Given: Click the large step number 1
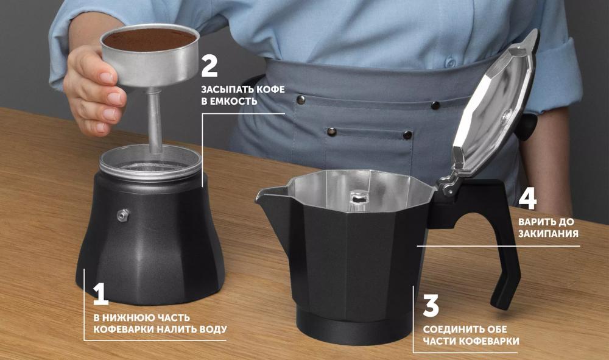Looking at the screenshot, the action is (100, 294).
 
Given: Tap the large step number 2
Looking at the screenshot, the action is (209, 66).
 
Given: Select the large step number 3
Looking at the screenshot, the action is (431, 305).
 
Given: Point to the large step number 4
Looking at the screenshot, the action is (528, 199).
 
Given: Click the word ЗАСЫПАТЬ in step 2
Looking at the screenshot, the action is (224, 90).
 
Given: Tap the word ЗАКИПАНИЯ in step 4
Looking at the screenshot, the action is (548, 234).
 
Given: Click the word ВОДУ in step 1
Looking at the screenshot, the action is (212, 330).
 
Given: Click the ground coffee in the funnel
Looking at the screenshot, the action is (150, 39).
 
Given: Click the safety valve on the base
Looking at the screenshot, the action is (123, 214).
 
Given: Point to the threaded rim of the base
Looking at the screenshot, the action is (150, 174).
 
